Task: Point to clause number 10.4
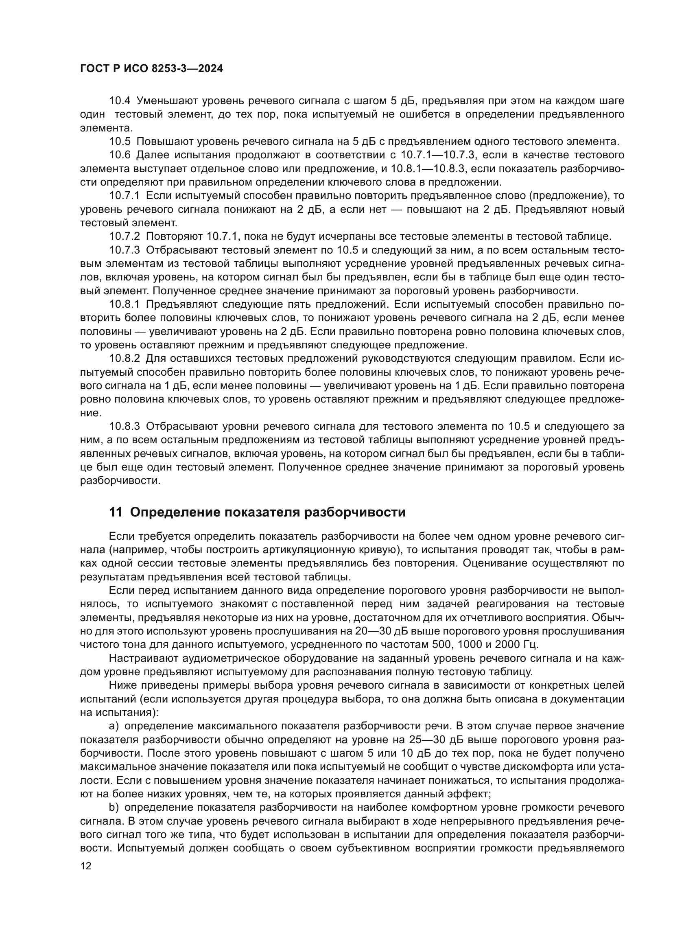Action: (x=120, y=101)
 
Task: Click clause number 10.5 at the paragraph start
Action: (x=120, y=141)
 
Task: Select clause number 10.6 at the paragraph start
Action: (x=120, y=155)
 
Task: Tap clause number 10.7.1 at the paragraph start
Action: (x=125, y=196)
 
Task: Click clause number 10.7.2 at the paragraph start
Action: (x=125, y=237)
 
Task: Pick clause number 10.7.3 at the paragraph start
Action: (x=125, y=250)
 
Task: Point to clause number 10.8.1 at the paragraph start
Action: (x=125, y=305)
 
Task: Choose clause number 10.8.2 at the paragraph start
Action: (x=125, y=359)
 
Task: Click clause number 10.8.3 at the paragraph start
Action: (x=125, y=427)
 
